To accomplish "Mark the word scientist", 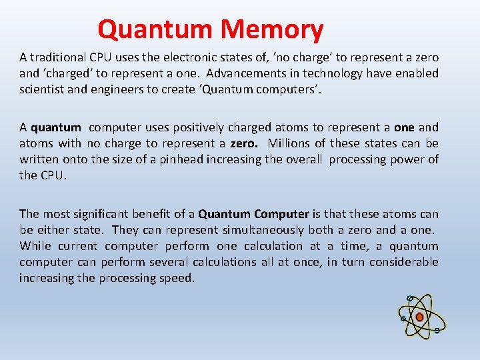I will (43, 89).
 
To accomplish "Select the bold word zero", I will (245, 143).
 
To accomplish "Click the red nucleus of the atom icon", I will (419, 317).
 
